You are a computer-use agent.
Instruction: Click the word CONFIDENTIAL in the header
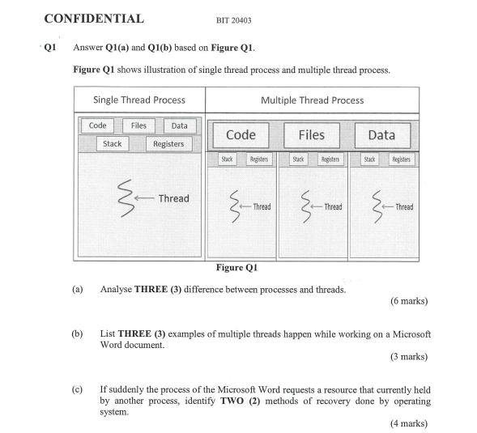[x=94, y=19]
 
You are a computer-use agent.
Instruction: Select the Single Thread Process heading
[x=138, y=100]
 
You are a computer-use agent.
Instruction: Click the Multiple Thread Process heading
[x=312, y=100]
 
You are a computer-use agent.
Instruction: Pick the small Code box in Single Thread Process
[x=98, y=125]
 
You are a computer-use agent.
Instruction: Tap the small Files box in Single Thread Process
[x=138, y=125]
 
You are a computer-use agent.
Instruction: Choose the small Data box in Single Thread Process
[x=180, y=125]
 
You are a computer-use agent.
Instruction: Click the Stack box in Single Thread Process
[x=113, y=143]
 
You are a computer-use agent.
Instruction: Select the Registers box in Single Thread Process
[x=168, y=144]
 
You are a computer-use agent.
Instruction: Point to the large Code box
[x=241, y=134]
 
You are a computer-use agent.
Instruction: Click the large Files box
[x=312, y=134]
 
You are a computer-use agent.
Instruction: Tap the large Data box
[x=381, y=134]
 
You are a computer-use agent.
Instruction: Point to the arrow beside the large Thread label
[x=145, y=198]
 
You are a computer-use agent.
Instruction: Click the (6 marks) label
[x=408, y=302]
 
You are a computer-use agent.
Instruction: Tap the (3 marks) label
[x=408, y=356]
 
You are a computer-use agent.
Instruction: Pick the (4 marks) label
[x=408, y=423]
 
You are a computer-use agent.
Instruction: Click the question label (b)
[x=78, y=333]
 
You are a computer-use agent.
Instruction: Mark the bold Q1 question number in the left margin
[x=49, y=47]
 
